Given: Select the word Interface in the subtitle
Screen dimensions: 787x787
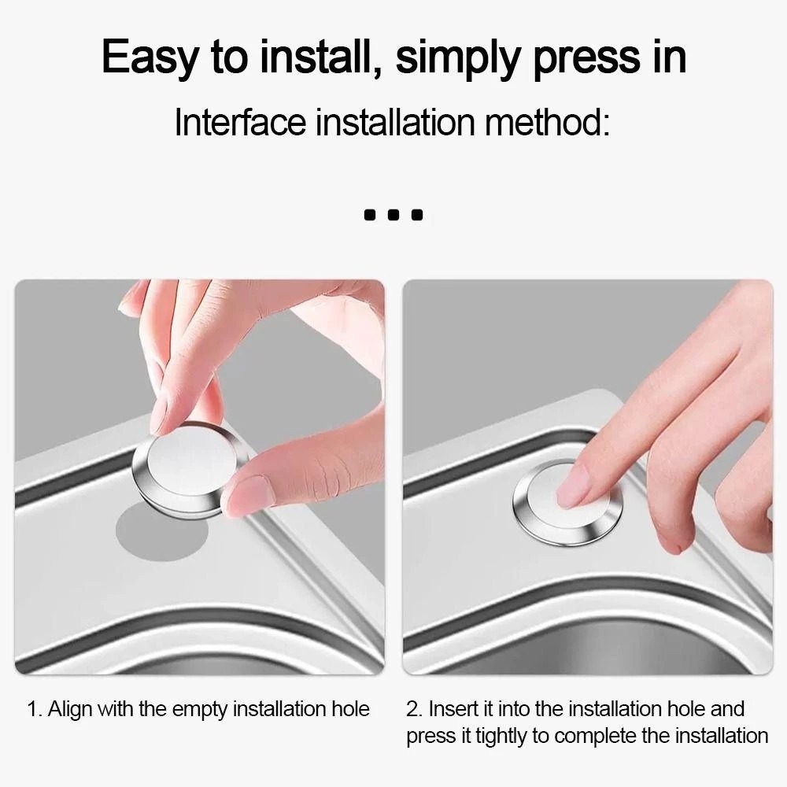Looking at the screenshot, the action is [240, 122].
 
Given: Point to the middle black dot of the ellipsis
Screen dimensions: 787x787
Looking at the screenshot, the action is [393, 215].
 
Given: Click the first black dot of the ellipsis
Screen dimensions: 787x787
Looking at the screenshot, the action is [370, 215].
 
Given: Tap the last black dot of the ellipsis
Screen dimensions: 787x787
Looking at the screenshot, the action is [417, 215].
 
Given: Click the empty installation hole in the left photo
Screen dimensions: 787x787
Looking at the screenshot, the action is [161, 532].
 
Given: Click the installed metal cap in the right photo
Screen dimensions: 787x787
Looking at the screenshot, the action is [567, 502].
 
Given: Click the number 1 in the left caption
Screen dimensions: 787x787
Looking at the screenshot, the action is [33, 709].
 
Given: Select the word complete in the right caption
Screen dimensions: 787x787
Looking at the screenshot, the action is [596, 737].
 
